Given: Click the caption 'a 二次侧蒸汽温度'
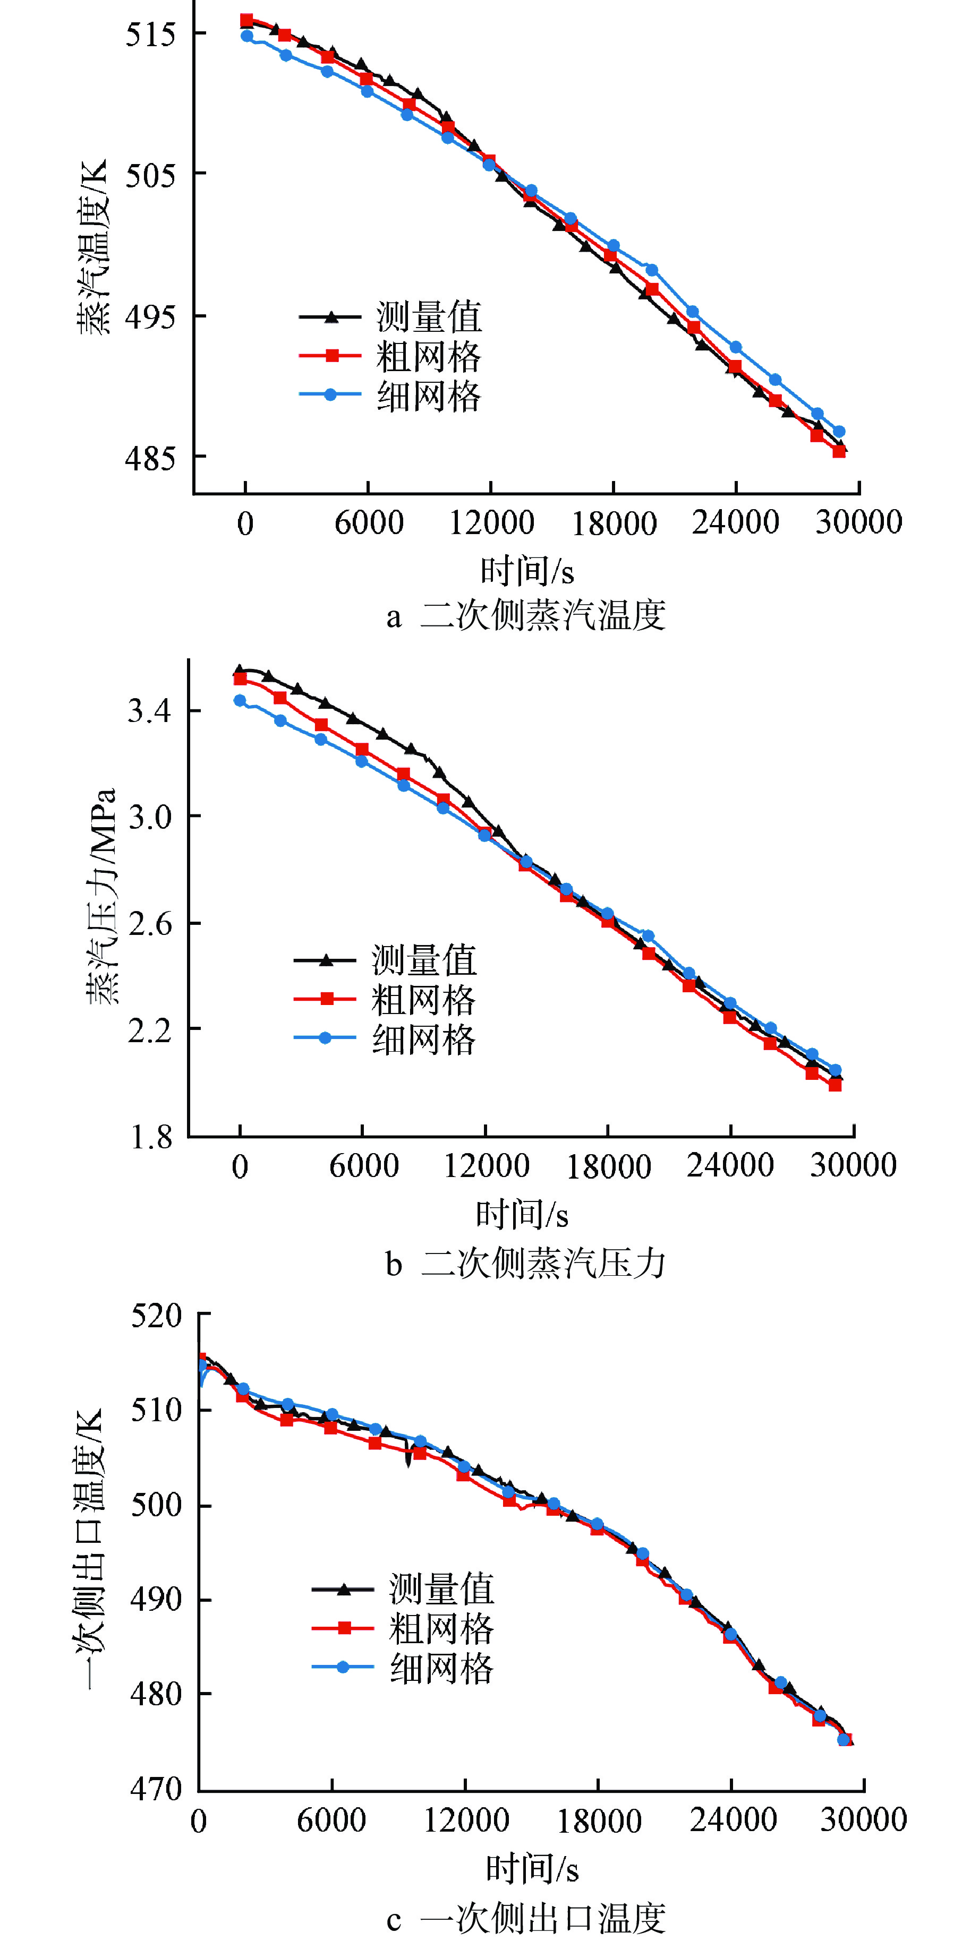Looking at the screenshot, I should (x=526, y=616).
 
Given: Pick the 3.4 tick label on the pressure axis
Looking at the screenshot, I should (x=150, y=710).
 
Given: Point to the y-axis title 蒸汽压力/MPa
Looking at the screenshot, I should (x=101, y=897).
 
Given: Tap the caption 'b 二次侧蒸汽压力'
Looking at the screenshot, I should (x=526, y=1263).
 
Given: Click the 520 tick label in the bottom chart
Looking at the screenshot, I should (x=157, y=1316).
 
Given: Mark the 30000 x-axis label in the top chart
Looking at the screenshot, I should (x=858, y=521).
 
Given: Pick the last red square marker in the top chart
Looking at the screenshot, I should (x=839, y=451).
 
